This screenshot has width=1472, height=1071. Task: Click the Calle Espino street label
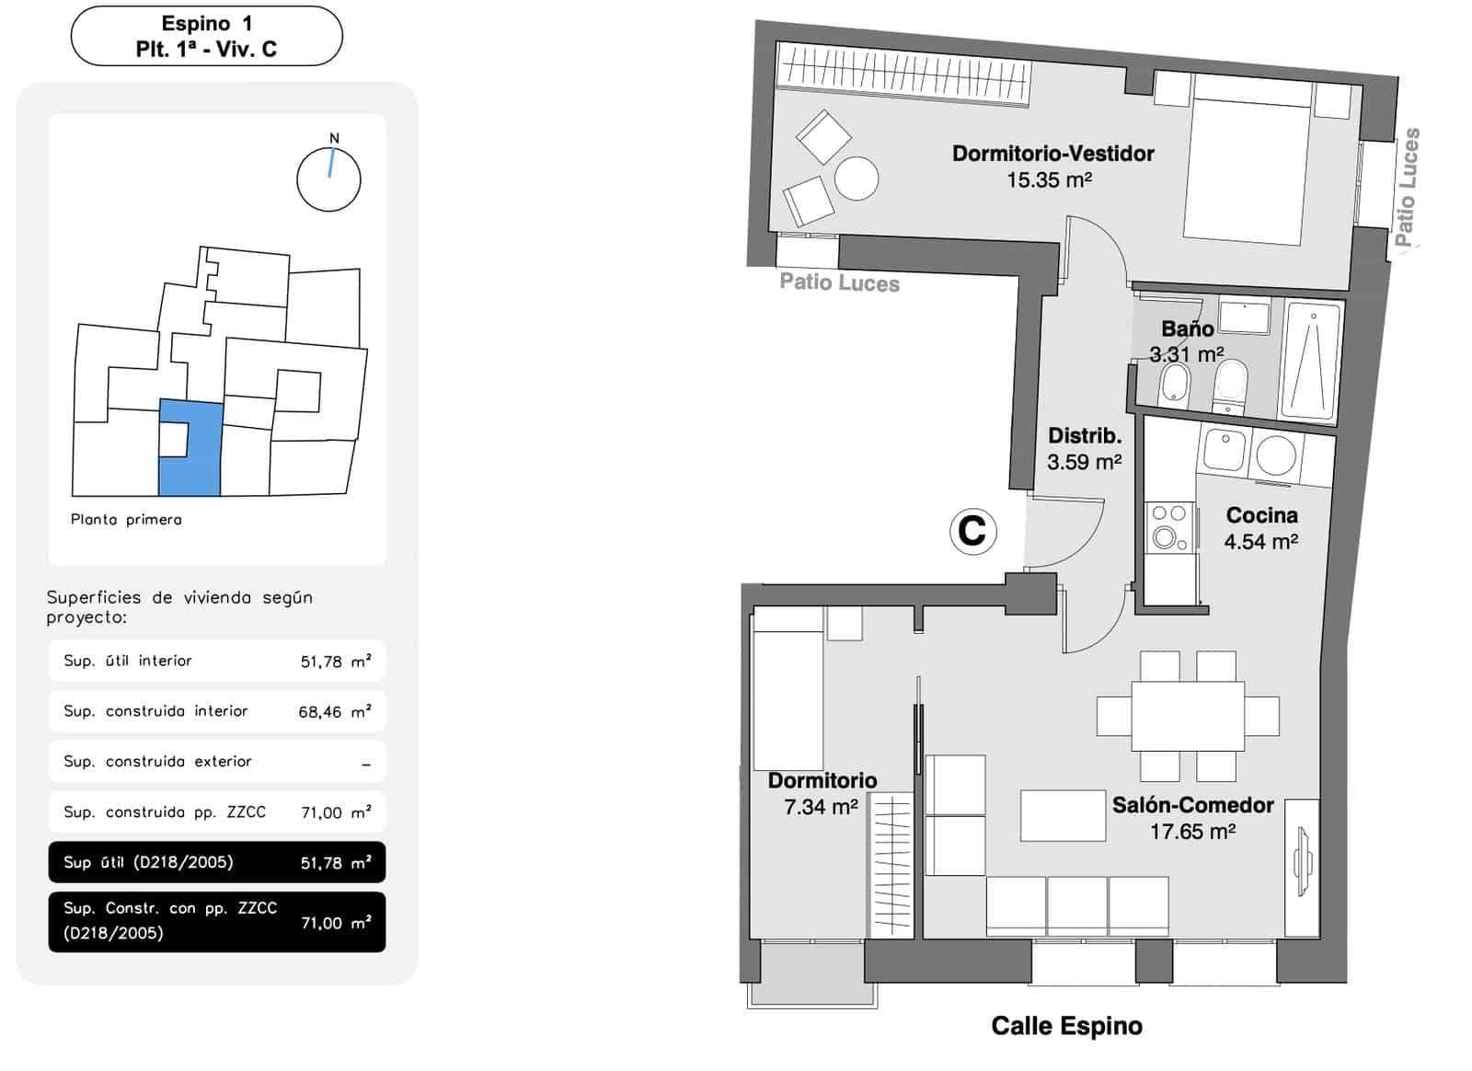[x=1066, y=1026]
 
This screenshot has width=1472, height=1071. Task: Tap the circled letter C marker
[x=972, y=531]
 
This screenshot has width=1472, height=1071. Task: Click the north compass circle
[x=328, y=179]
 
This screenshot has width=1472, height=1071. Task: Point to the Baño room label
[x=1187, y=328]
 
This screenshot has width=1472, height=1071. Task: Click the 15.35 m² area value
[x=1049, y=180]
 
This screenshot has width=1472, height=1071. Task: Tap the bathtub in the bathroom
[x=1310, y=362]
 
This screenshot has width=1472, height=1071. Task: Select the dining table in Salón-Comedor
[x=1188, y=717]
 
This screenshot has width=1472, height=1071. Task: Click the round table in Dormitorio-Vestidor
[x=857, y=178]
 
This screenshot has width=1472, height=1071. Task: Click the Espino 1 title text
[x=206, y=24]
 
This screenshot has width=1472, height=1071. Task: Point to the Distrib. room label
[x=1085, y=435]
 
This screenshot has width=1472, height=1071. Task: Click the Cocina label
[x=1261, y=515]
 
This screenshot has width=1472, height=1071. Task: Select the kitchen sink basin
[x=1224, y=451]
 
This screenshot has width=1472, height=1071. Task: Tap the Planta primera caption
[x=126, y=520]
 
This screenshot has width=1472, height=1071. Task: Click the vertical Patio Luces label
[x=1407, y=187]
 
